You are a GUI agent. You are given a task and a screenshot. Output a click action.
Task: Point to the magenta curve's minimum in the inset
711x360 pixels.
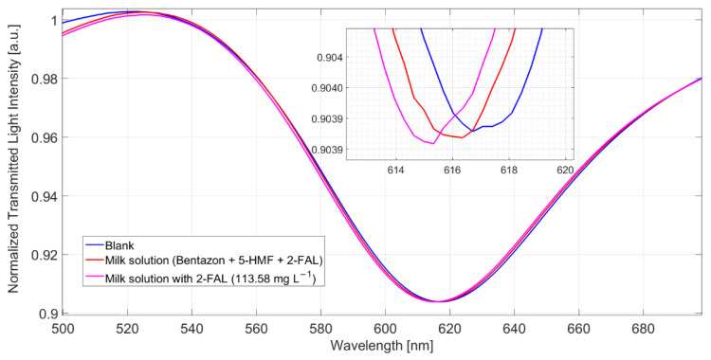coord(431,144)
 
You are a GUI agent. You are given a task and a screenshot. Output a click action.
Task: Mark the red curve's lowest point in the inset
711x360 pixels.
coord(461,137)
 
